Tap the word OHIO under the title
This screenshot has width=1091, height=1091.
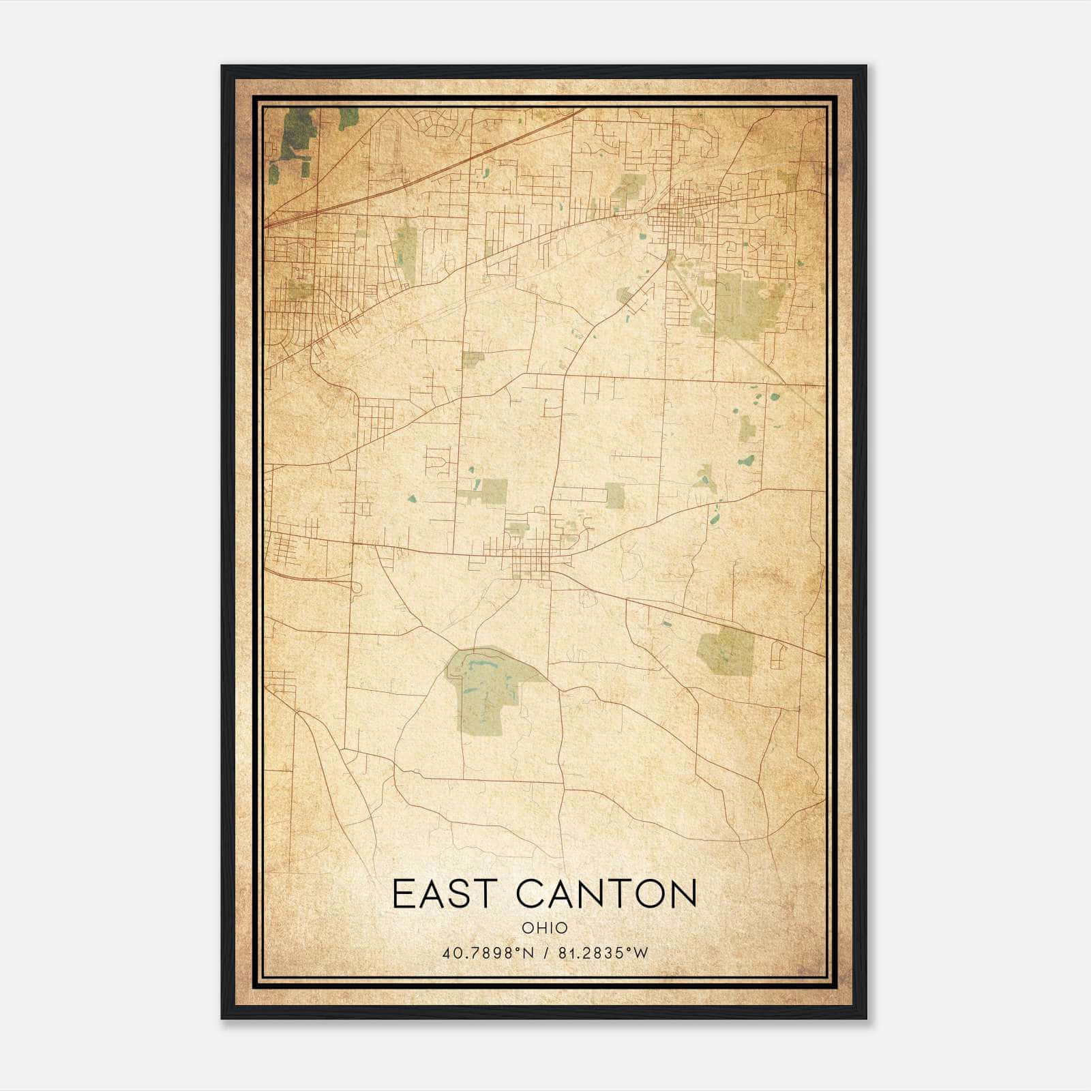click(545, 928)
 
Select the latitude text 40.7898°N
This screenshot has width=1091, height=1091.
click(488, 953)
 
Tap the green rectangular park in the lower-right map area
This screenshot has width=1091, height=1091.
click(726, 651)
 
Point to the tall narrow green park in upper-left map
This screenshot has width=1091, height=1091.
click(406, 245)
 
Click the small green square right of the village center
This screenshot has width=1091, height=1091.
click(614, 496)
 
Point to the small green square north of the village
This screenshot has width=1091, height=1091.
click(473, 359)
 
